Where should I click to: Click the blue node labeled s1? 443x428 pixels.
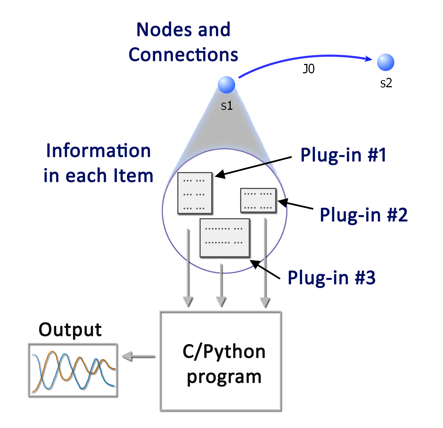coord(227,85)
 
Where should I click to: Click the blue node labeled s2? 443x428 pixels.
coord(385,62)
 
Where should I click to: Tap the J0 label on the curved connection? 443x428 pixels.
coord(308,69)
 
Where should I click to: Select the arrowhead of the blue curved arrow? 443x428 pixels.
coord(369,58)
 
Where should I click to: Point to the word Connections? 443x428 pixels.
coord(183,54)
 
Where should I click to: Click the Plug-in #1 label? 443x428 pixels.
coord(343,155)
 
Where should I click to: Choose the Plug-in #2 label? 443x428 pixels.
coord(364,215)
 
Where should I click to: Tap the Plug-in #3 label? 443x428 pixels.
coord(331,278)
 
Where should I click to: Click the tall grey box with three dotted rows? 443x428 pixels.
coord(195,193)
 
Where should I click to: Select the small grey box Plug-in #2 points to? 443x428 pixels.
coord(258,200)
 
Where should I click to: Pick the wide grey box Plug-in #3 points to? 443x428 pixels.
coord(225,238)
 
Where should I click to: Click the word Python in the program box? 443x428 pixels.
coord(234,352)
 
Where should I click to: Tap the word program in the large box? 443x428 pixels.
coord(224,377)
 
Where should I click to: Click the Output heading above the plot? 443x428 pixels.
coord(70,330)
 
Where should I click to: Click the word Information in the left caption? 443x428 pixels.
coord(98,151)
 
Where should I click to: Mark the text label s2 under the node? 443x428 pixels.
coord(386,83)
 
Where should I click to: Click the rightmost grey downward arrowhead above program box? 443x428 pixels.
coord(265,302)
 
